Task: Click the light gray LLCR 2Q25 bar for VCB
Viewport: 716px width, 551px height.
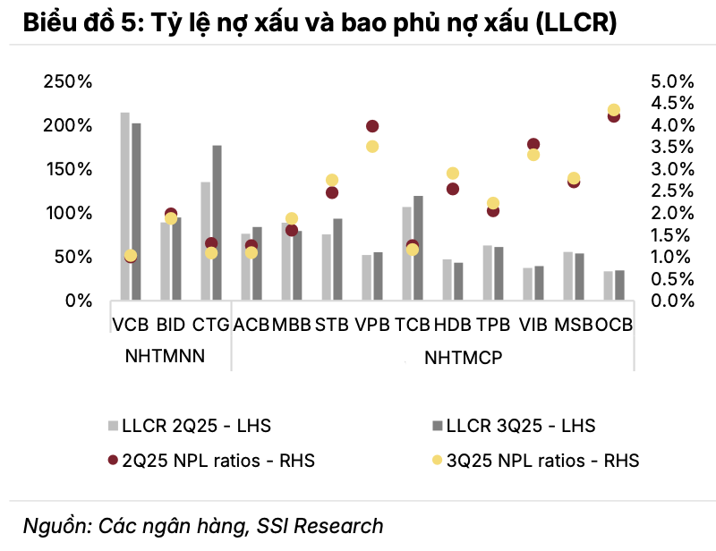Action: pos(124,206)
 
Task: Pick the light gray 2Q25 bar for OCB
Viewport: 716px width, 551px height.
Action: pos(609,285)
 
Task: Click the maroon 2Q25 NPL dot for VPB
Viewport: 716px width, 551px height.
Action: pos(372,126)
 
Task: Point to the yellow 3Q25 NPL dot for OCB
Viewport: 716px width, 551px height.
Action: pos(614,110)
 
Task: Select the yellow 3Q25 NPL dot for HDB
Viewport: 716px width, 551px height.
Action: pos(453,174)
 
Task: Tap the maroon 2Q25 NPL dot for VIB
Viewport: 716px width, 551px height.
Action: pos(533,144)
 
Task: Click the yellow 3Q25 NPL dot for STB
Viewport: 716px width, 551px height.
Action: pos(332,180)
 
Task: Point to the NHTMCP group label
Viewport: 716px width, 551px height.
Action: pos(463,358)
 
